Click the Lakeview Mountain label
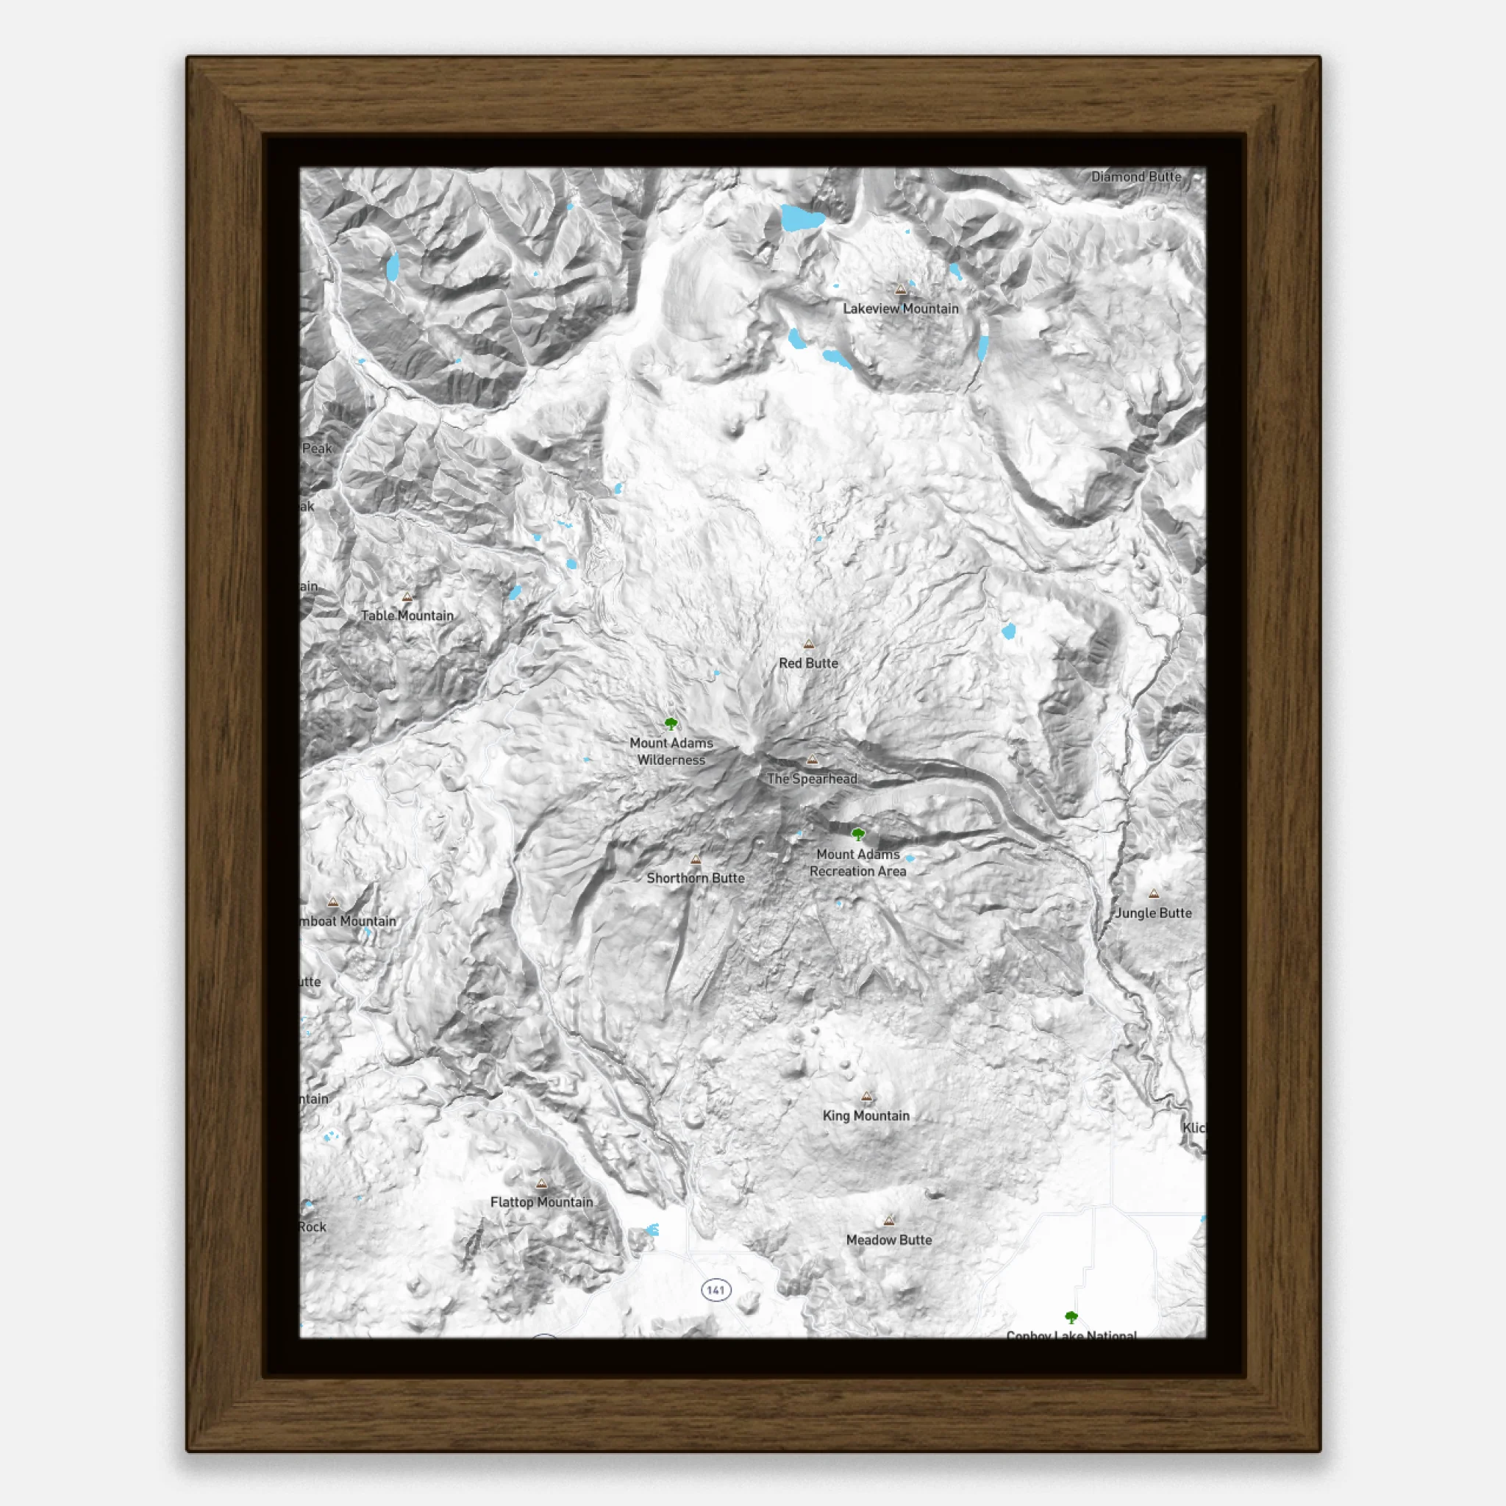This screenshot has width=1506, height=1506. pyautogui.click(x=900, y=309)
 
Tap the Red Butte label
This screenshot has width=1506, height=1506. pyautogui.click(x=808, y=663)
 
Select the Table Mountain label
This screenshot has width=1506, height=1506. pyautogui.click(x=407, y=615)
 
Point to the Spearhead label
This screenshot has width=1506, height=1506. pyautogui.click(x=812, y=779)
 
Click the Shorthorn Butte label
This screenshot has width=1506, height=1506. pyautogui.click(x=696, y=879)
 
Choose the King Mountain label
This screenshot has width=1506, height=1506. pyautogui.click(x=866, y=1116)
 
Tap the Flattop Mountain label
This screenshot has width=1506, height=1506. pyautogui.click(x=542, y=1203)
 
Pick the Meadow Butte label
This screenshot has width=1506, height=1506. pyautogui.click(x=888, y=1241)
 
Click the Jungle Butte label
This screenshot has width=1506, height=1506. pyautogui.click(x=1153, y=913)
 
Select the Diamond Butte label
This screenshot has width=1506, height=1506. pyautogui.click(x=1135, y=177)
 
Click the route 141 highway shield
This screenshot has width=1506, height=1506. pyautogui.click(x=715, y=1290)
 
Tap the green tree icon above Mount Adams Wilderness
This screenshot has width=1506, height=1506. pyautogui.click(x=671, y=724)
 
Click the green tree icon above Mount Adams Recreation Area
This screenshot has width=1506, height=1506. pyautogui.click(x=858, y=835)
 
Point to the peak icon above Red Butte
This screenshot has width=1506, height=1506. pyautogui.click(x=809, y=645)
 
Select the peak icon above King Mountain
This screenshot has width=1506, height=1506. pyautogui.click(x=867, y=1096)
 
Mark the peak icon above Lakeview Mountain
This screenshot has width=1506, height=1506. pyautogui.click(x=900, y=290)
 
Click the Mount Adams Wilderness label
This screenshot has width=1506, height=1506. pyautogui.click(x=671, y=752)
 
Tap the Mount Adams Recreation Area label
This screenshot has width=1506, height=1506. pyautogui.click(x=857, y=863)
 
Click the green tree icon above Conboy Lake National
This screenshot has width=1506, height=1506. pyautogui.click(x=1071, y=1317)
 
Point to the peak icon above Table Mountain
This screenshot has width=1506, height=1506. pyautogui.click(x=407, y=597)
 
